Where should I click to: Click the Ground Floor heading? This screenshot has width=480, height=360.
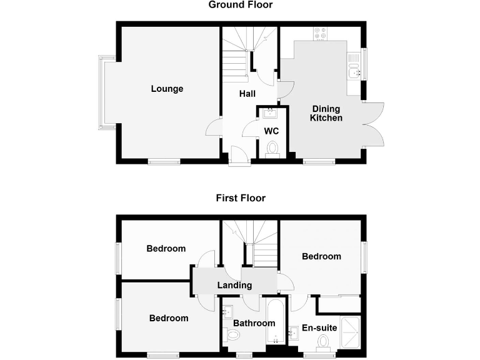[241, 5]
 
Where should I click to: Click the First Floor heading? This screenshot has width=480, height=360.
[241, 198]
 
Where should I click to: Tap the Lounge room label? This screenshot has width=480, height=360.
[167, 89]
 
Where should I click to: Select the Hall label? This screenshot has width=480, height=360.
[247, 94]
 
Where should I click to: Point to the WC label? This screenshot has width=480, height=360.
[271, 131]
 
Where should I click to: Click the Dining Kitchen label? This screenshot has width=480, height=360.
[327, 113]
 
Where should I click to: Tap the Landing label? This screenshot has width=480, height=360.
[234, 285]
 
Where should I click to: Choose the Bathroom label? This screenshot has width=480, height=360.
[254, 323]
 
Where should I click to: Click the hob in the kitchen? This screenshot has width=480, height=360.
[320, 33]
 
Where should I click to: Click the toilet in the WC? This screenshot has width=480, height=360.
[272, 149]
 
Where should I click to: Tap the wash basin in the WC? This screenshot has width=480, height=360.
[271, 113]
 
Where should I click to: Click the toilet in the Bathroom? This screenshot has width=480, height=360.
[232, 336]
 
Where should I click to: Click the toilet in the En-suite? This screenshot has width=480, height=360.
[323, 342]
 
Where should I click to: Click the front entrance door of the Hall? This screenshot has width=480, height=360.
[237, 156]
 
